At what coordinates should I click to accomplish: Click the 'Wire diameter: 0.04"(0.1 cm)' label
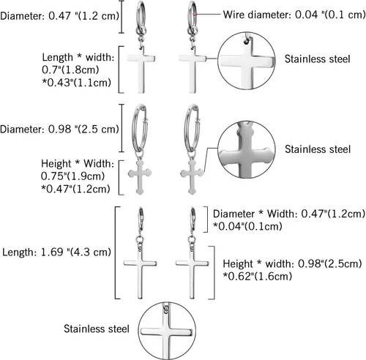[x=294, y=15]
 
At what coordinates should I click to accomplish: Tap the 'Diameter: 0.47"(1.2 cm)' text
[x=59, y=16]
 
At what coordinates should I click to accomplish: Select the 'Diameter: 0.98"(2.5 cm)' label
[x=59, y=129]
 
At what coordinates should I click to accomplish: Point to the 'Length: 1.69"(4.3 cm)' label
[x=56, y=252]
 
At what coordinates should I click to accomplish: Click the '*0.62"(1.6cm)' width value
[x=258, y=276]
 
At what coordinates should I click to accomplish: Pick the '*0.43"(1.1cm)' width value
[x=77, y=83]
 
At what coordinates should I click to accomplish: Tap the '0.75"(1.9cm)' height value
[x=72, y=176]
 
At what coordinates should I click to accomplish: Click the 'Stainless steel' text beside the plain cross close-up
[x=318, y=59]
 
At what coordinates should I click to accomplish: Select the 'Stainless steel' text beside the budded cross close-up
[x=318, y=149]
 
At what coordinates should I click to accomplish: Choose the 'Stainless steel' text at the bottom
[x=97, y=329]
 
